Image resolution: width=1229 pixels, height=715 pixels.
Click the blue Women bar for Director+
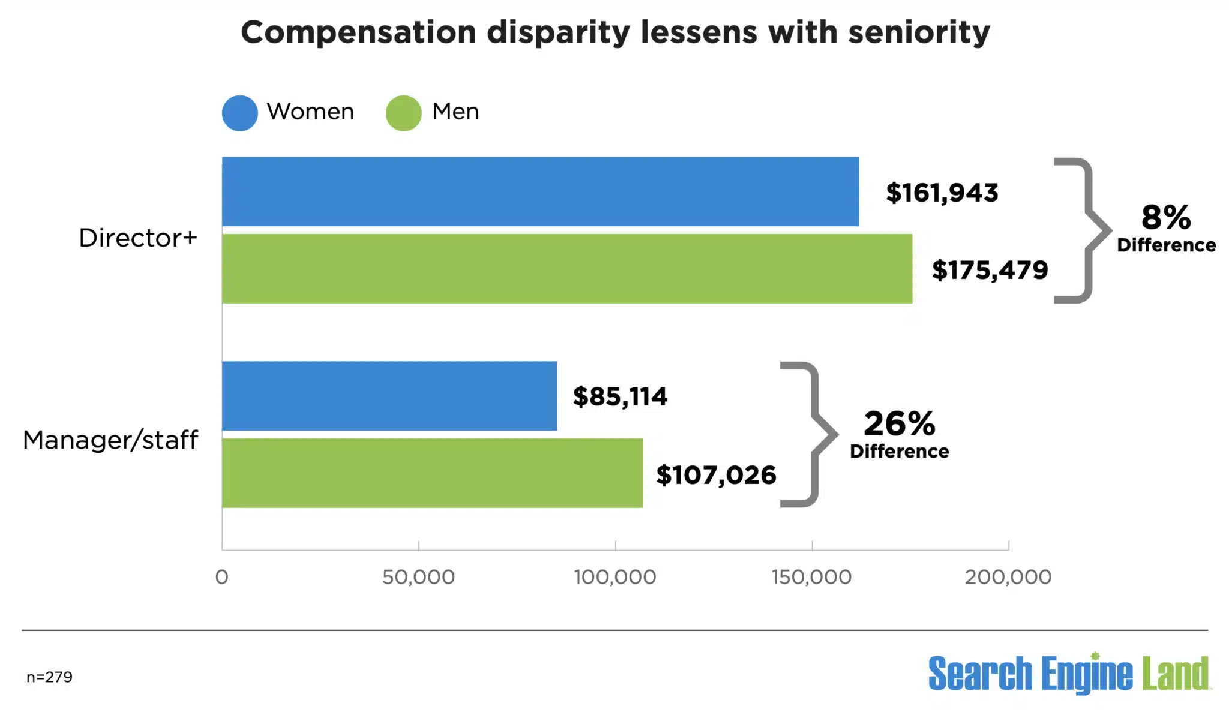pos(540,191)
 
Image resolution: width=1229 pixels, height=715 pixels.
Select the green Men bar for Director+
pos(567,269)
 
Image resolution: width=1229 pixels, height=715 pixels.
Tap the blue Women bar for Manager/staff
pos(389,396)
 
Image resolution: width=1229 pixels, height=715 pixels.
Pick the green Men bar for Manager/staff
pos(432,473)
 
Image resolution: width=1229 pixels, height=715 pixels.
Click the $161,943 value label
pos(942,193)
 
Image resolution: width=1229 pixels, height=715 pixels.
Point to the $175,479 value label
pos(990,270)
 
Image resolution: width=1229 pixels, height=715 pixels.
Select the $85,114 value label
pos(620,396)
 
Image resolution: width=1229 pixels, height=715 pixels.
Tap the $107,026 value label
pos(716,475)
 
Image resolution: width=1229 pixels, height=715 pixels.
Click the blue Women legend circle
pos(240,113)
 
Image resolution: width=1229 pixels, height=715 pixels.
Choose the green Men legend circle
pos(403,113)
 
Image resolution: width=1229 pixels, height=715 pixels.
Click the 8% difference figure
pos(1165,217)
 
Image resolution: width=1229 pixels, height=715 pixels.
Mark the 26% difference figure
pos(899,423)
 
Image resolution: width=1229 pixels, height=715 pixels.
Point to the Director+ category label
pos(138,238)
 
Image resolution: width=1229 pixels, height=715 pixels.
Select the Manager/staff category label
pos(110,440)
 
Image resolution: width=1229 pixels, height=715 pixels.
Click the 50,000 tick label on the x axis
pos(418,577)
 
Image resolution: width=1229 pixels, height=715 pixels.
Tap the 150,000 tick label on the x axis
pos(811,577)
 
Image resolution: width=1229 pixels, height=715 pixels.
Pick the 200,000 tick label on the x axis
pos(1008,577)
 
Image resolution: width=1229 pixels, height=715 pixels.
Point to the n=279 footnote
pos(49,677)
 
